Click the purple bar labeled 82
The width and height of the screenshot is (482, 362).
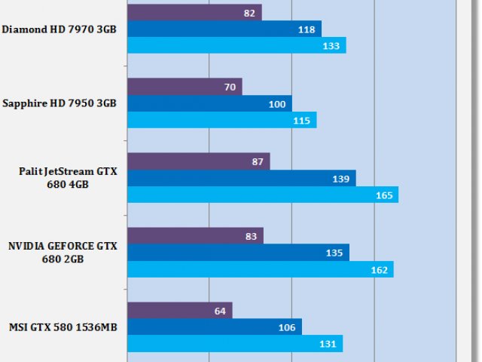pos(194,12)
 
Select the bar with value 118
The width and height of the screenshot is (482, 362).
pos(224,29)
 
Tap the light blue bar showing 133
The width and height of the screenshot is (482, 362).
pos(236,45)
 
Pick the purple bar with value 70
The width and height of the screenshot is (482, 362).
pos(185,87)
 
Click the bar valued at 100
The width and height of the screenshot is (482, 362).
pos(209,103)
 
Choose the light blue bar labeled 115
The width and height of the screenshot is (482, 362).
pos(222,120)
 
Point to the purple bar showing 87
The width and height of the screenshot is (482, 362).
pos(199,161)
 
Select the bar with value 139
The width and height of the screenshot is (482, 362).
pos(241,178)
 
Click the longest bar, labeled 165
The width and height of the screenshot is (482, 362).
pos(262,195)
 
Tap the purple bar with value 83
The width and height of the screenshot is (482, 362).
pos(195,236)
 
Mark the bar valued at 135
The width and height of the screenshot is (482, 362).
pos(238,253)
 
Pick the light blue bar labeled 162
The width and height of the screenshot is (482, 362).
pos(260,269)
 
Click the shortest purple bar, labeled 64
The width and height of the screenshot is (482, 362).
pos(180,311)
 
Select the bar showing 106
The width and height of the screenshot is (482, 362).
pos(214,327)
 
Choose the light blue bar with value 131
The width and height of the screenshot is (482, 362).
pos(235,344)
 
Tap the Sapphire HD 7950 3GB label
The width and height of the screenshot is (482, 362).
pos(59,103)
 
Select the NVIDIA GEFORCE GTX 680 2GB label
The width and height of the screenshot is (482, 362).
pos(63,253)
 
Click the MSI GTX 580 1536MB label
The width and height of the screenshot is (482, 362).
pos(63,327)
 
